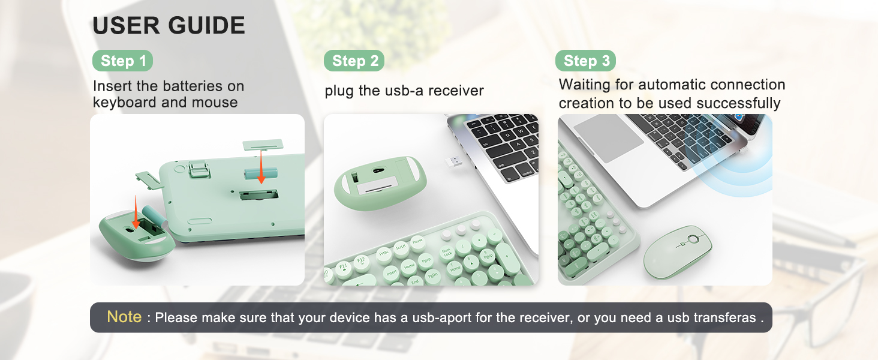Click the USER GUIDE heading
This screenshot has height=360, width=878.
169,26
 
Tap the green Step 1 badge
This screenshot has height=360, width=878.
123,61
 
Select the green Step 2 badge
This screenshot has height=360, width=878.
354,61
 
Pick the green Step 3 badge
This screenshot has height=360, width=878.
586,61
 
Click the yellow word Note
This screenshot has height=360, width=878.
124,317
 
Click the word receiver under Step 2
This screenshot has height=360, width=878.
456,91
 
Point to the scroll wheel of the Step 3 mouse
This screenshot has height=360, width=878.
693,239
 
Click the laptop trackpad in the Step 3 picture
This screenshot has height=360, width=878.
608,137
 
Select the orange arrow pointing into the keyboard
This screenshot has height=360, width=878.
261,169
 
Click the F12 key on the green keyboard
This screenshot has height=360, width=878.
362,260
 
